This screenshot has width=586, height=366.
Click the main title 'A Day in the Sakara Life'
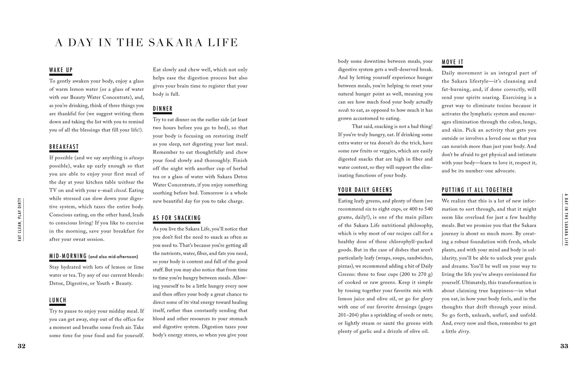click(146, 43)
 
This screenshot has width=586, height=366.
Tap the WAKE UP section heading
click(61, 70)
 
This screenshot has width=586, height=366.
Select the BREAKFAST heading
click(64, 147)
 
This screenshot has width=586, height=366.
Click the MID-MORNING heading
click(68, 256)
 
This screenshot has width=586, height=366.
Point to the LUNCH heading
click(58, 300)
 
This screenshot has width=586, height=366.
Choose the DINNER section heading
click(163, 109)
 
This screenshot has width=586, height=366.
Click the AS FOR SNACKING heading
click(177, 218)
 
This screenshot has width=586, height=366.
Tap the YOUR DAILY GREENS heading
click(365, 190)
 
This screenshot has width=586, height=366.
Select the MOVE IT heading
click(452, 62)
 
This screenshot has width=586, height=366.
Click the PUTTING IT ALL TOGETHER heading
click(477, 190)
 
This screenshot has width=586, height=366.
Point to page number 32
click(22, 346)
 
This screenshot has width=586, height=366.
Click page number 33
click(564, 346)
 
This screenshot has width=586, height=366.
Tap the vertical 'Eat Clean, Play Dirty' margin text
click(20, 219)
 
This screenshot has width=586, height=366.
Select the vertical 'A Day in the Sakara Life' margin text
click(566, 219)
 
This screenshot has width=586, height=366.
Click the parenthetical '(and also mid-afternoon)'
click(113, 257)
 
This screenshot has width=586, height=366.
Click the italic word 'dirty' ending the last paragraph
click(464, 332)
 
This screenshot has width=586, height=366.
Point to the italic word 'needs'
click(343, 110)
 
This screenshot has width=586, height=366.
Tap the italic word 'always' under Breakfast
click(137, 158)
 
